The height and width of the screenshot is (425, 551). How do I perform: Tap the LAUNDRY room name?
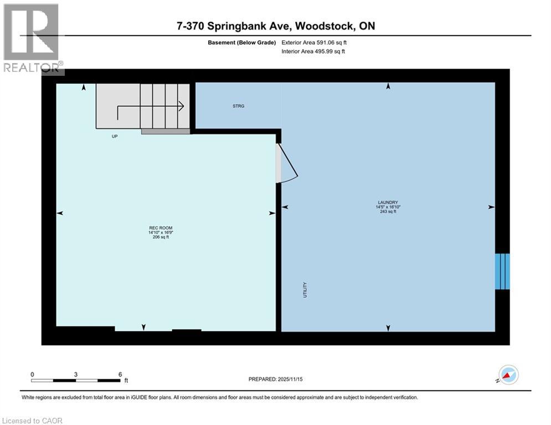[x=388, y=203]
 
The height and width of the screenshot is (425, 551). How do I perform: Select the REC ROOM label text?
[x=157, y=228]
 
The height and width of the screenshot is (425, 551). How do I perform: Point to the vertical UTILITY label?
[x=305, y=290]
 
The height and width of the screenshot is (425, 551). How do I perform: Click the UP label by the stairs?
[x=115, y=136]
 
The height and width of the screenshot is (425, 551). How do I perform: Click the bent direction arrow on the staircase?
[x=150, y=109]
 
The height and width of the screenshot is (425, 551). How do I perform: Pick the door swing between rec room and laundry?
[x=286, y=164]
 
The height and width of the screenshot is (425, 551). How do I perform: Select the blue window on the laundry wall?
[x=502, y=271]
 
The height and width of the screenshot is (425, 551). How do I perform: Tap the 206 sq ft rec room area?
[x=157, y=237]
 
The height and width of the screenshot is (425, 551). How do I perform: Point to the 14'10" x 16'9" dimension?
[x=157, y=232]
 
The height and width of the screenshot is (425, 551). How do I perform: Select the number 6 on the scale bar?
[x=120, y=374]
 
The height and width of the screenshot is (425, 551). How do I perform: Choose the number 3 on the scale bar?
[x=76, y=374]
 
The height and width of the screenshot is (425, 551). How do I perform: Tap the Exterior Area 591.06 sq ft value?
[x=314, y=42]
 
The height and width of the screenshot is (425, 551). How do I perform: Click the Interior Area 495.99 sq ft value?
[x=314, y=51]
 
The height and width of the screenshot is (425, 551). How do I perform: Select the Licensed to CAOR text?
[x=33, y=421]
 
